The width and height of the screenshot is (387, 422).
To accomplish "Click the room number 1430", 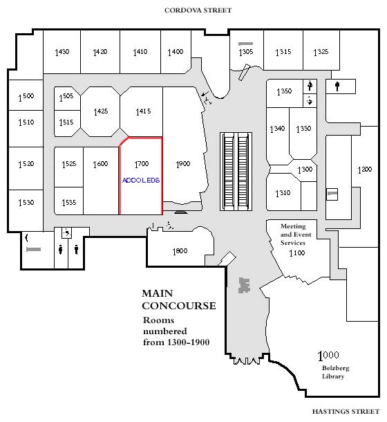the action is [x=62, y=52].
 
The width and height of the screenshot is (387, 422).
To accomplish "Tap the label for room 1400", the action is [x=176, y=52].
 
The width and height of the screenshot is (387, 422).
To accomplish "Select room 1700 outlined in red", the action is [x=141, y=176].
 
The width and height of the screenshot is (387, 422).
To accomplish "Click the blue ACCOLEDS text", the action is [x=141, y=181].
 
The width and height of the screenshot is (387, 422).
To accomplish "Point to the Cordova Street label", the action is [x=198, y=10].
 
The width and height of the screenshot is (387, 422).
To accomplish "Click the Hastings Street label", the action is [x=346, y=412].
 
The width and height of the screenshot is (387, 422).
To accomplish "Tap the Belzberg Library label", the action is [x=335, y=372].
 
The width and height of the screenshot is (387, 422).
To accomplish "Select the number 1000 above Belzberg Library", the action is [x=328, y=356].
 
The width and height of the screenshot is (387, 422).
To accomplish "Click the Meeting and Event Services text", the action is [x=296, y=235].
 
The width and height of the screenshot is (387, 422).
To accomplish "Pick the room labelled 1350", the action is [x=284, y=92].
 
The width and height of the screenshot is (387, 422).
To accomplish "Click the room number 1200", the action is [x=365, y=169].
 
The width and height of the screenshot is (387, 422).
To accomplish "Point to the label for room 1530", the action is [x=26, y=203].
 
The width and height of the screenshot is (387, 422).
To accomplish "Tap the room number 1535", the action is [x=69, y=203].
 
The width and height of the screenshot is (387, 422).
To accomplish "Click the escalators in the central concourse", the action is [x=236, y=171].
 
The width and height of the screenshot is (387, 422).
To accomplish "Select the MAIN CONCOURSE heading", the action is [x=179, y=300].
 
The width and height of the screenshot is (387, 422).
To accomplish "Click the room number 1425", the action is [x=101, y=111].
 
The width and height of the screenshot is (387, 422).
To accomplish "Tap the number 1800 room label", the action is [x=180, y=251].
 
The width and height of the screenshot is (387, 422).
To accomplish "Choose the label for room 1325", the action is [x=321, y=52].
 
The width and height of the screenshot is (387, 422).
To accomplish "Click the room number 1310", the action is [x=283, y=193].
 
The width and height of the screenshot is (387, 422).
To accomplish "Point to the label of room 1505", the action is [x=66, y=97].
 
